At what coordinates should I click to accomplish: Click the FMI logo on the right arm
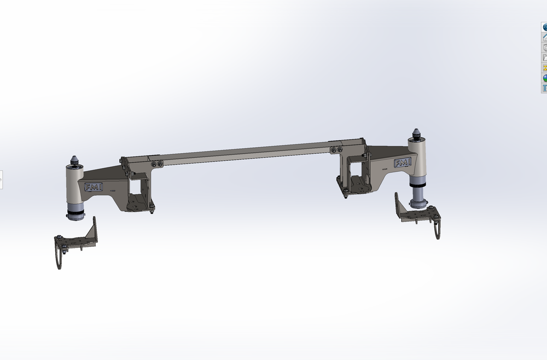[403, 162]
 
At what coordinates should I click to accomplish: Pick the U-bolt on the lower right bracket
[437, 230]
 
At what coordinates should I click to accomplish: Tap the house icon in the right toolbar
[545, 37]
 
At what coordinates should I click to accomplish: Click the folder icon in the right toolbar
[545, 57]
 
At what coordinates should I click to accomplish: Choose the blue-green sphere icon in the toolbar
[545, 78]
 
